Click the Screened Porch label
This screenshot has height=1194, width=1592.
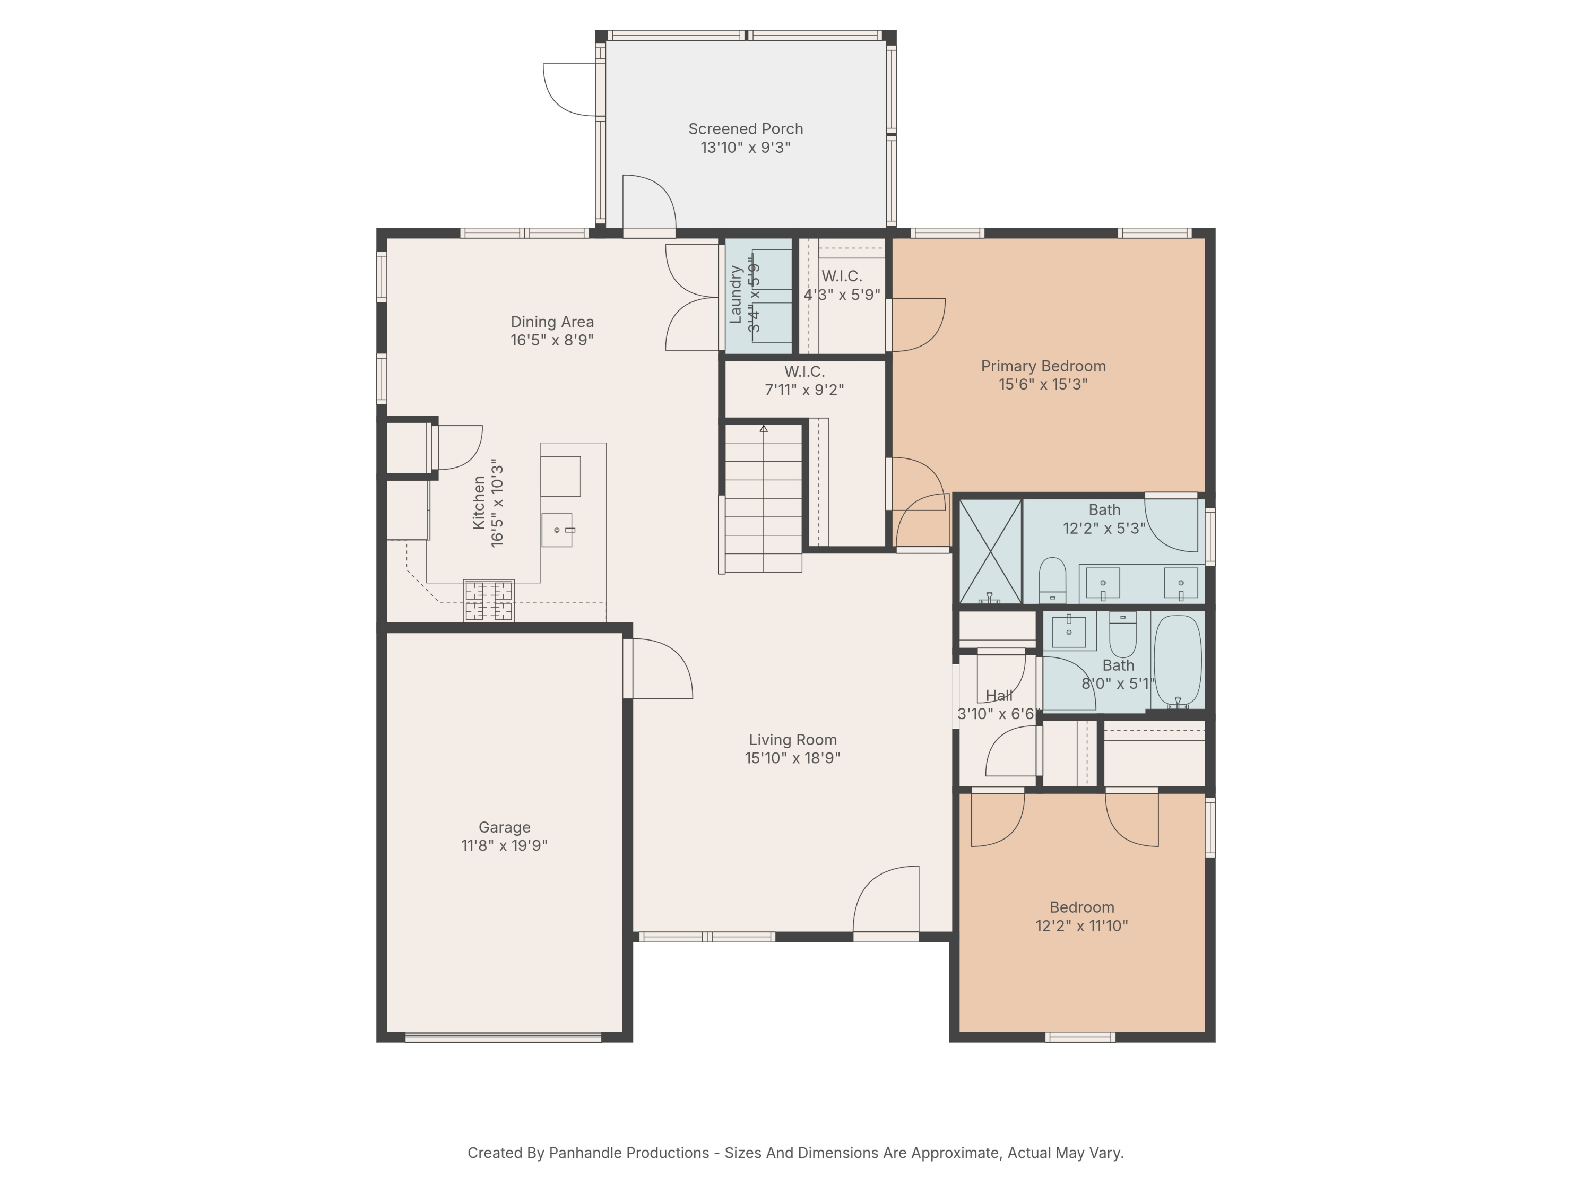[x=746, y=129]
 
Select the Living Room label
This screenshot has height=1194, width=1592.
[x=792, y=740]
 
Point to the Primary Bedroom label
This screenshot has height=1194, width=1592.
[x=1043, y=366]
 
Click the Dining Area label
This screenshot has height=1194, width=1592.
[x=552, y=322]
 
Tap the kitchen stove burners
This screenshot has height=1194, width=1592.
[x=489, y=601]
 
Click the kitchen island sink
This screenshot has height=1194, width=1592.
[x=557, y=531]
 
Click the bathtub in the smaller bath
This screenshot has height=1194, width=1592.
[x=1178, y=661]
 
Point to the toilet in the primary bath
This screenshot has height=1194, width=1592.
[x=1052, y=580]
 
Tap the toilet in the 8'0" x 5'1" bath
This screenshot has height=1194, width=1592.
[x=1123, y=634]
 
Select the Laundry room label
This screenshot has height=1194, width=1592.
[x=736, y=295]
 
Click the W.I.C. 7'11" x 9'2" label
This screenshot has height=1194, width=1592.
[x=804, y=380]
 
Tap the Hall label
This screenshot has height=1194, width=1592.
[x=999, y=696]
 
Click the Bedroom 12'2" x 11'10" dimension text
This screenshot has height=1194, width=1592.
[x=1081, y=926]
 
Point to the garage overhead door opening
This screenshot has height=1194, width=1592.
[x=503, y=1037]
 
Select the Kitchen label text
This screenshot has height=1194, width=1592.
[x=479, y=503]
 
